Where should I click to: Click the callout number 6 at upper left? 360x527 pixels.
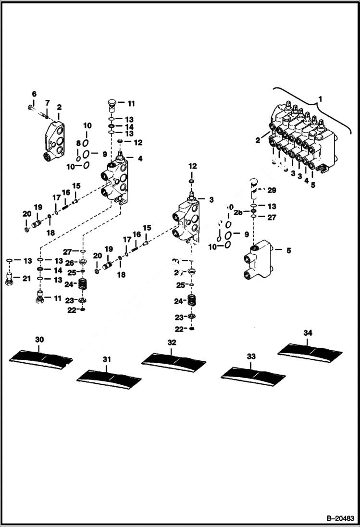[34, 93]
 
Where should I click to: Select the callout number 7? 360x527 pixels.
[47, 103]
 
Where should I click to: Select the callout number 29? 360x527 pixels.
[272, 191]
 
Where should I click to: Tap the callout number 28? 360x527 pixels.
[238, 212]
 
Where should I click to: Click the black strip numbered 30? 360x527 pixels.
[41, 356]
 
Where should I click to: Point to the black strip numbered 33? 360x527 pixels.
[252, 374]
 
